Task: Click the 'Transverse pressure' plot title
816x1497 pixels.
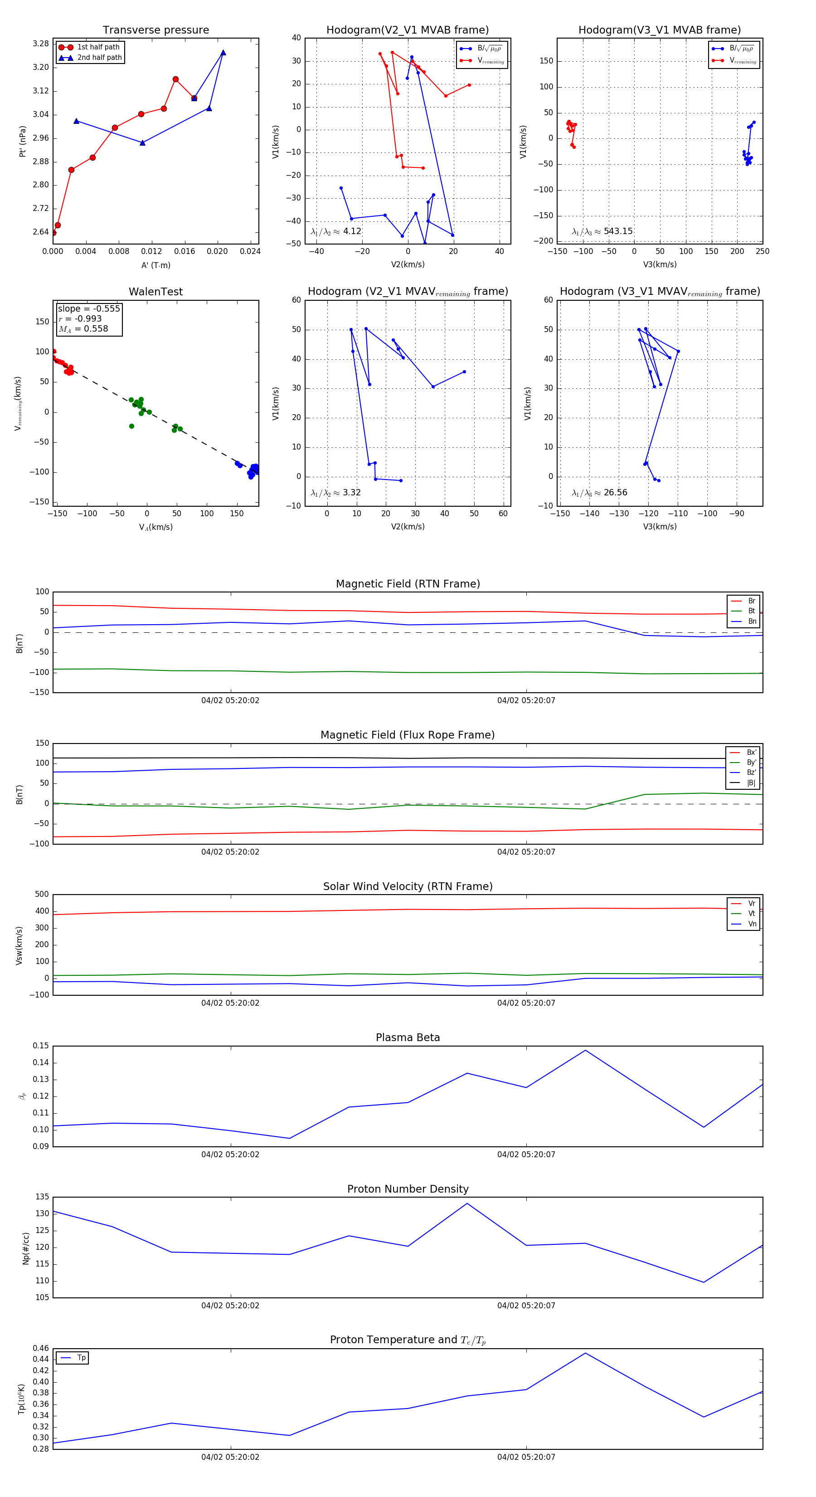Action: point(155,30)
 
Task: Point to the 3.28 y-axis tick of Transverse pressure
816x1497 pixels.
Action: point(41,44)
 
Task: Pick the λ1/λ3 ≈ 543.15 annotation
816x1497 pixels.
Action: point(602,231)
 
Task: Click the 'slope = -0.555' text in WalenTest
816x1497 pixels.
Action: point(89,308)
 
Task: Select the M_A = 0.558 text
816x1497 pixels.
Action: point(83,329)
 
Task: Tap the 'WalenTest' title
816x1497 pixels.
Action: point(155,292)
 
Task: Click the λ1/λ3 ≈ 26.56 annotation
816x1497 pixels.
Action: point(599,493)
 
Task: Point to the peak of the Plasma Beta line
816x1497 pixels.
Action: point(585,1050)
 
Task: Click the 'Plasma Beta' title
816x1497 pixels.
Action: point(408,1037)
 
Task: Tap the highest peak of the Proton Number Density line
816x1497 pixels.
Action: point(467,1203)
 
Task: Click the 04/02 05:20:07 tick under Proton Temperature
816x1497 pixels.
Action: point(526,1457)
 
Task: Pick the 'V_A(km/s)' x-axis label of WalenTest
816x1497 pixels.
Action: point(155,527)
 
